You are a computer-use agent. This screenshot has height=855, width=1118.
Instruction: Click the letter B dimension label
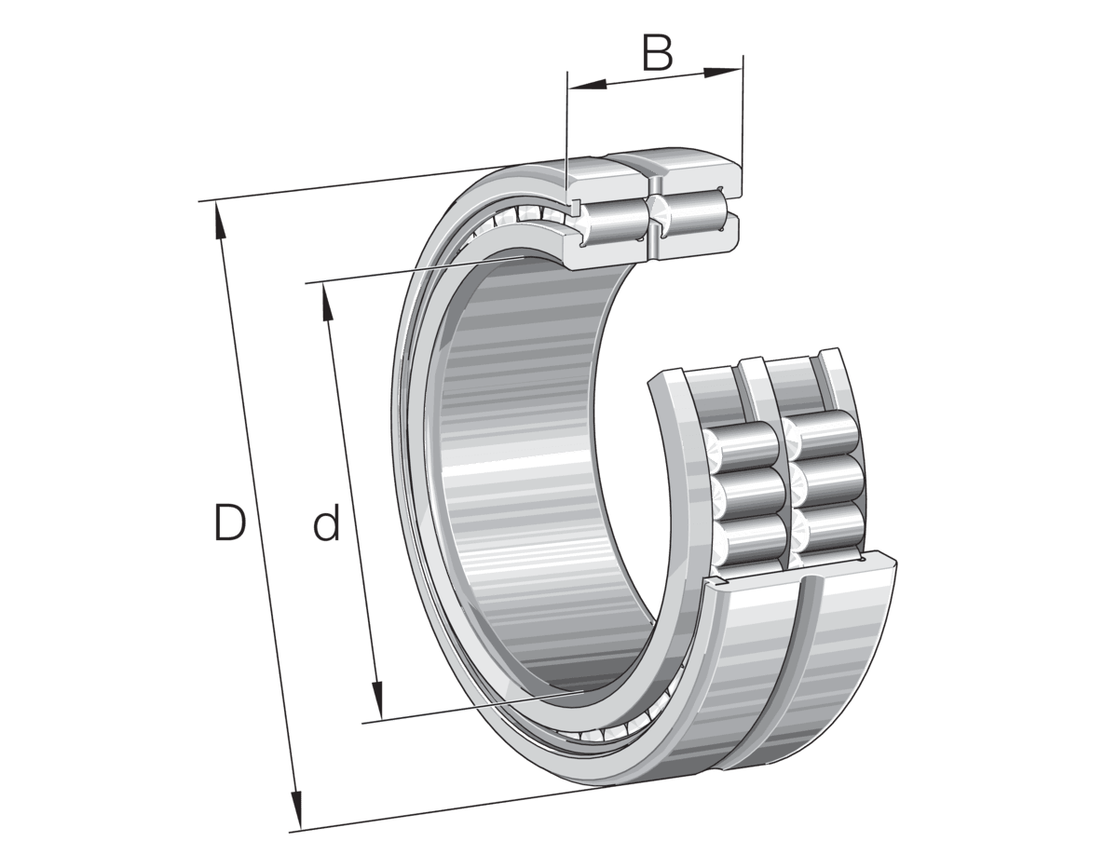click(658, 52)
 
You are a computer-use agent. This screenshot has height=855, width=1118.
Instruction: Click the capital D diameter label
click(230, 521)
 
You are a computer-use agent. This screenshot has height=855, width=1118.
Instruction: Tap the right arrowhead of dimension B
click(723, 72)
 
